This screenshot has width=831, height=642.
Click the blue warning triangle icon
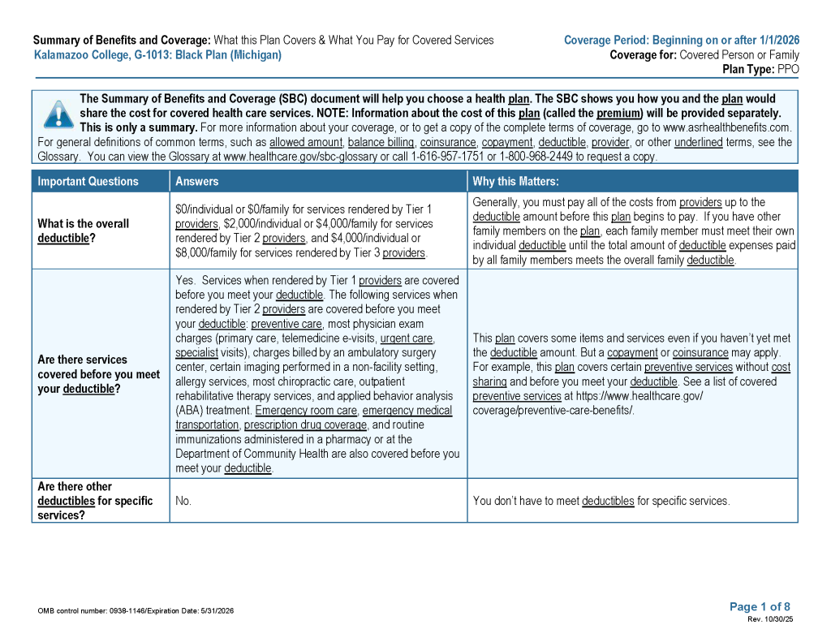[58, 114]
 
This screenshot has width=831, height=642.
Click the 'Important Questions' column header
[88, 182]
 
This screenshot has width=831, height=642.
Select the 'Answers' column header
[197, 182]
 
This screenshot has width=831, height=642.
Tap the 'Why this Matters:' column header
[515, 182]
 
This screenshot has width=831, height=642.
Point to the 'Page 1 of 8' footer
[760, 606]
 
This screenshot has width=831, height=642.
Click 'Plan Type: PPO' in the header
[760, 70]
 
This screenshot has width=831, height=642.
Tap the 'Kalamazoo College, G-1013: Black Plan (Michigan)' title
[158, 55]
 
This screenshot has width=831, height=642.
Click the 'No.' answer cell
[183, 501]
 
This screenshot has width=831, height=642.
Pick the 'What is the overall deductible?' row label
[83, 231]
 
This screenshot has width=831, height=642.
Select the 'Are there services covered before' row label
[98, 374]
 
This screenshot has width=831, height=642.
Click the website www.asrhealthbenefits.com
[726, 127]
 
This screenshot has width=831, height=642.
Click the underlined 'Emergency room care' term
[306, 411]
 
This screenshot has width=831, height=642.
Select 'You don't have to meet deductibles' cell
[601, 501]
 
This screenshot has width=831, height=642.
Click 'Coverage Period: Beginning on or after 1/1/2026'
[681, 40]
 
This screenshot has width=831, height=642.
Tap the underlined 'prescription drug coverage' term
[305, 424]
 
